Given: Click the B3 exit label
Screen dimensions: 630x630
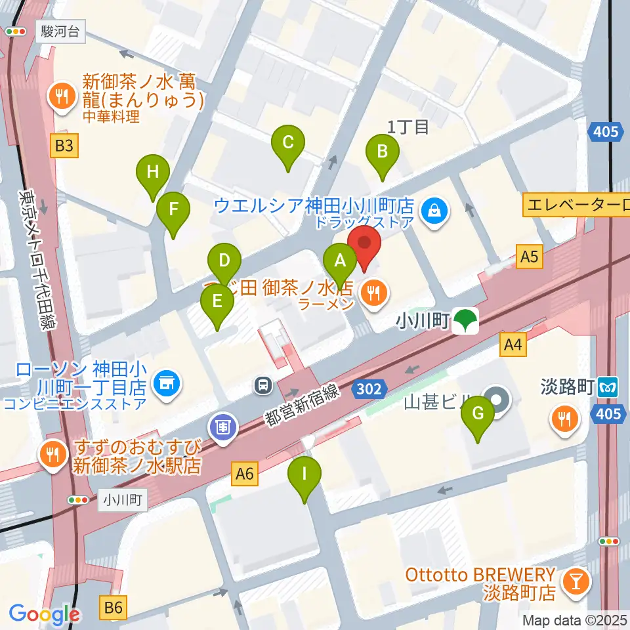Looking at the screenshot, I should pyautogui.click(x=64, y=146).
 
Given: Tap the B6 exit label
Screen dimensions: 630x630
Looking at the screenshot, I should pyautogui.click(x=114, y=607).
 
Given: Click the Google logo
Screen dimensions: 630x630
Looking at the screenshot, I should pyautogui.click(x=44, y=614).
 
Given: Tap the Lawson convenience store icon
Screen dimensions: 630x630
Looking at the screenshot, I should pyautogui.click(x=164, y=382).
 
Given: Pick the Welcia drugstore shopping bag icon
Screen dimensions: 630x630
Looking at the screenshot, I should pyautogui.click(x=434, y=210).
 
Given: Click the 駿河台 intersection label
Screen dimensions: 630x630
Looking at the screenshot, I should pyautogui.click(x=62, y=31).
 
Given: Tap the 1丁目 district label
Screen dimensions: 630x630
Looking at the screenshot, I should pyautogui.click(x=408, y=127).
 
